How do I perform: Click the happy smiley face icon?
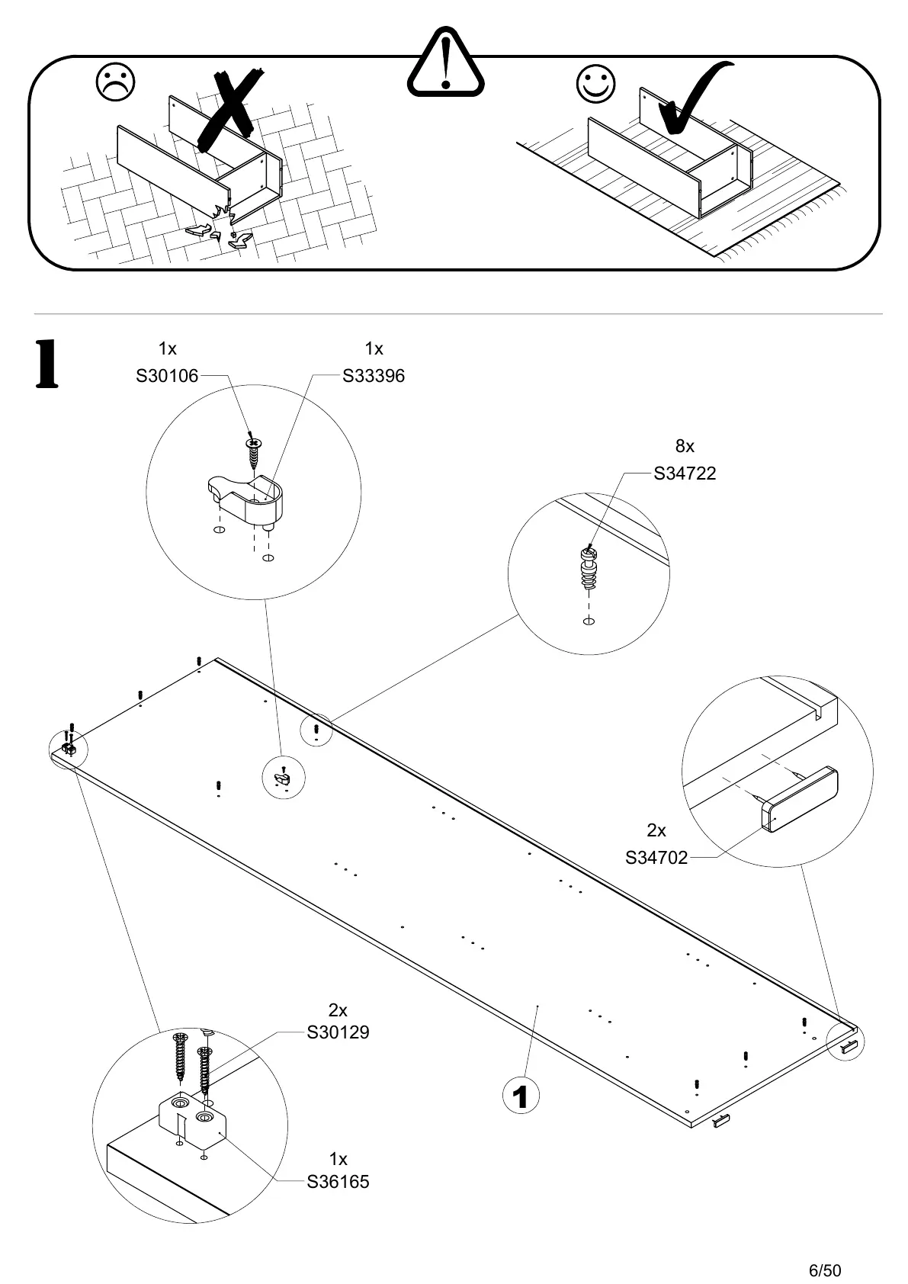pyautogui.click(x=596, y=83)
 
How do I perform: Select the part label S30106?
pyautogui.click(x=167, y=376)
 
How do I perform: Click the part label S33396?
pyautogui.click(x=374, y=376)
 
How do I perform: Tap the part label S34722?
pyautogui.click(x=685, y=473)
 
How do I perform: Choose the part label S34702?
pyautogui.click(x=656, y=858)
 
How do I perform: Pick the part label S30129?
pyautogui.click(x=338, y=1032)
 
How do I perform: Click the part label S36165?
pyautogui.click(x=338, y=1182)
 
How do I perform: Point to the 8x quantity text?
pyautogui.click(x=685, y=447)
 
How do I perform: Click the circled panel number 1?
pyautogui.click(x=521, y=1098)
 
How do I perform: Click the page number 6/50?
pyautogui.click(x=825, y=1249)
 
